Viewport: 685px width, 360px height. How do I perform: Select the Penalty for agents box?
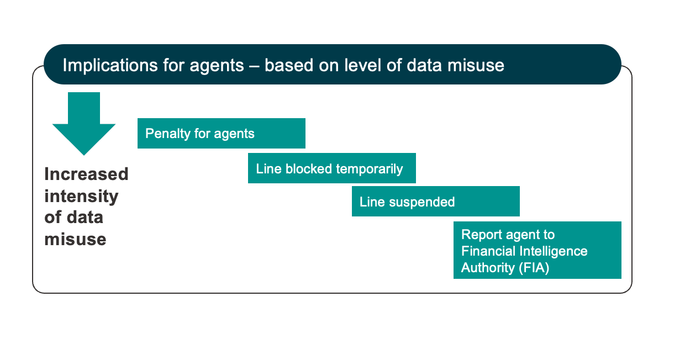tap(221, 133)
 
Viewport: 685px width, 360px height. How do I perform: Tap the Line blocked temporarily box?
tap(331, 168)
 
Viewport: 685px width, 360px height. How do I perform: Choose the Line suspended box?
tap(435, 201)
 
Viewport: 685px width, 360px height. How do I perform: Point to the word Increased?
tap(86, 174)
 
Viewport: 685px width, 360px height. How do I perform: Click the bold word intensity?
tap(81, 196)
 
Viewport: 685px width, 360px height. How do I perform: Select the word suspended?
tap(422, 202)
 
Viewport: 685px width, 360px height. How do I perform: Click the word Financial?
tap(489, 251)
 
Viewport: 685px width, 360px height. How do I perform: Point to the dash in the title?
tap(254, 65)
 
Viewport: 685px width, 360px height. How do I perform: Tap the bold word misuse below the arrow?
tap(75, 239)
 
